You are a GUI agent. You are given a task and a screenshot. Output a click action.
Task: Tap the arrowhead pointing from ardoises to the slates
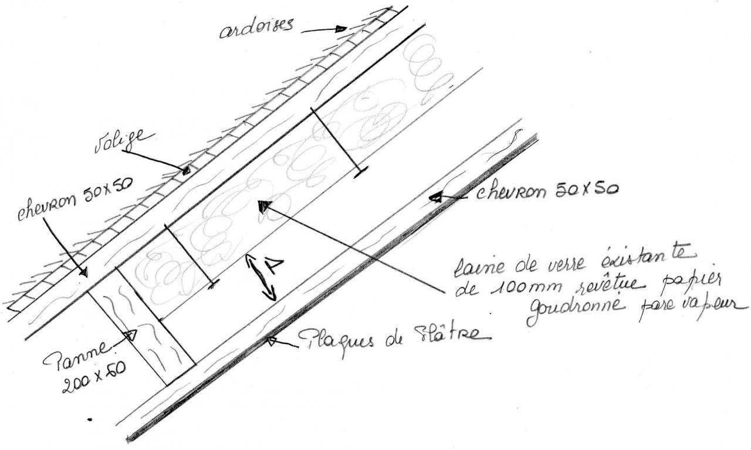pos(341,28)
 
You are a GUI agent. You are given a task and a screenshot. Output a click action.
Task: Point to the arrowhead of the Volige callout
pos(185,171)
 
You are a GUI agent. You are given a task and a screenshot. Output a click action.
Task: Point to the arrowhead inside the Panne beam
pos(131,335)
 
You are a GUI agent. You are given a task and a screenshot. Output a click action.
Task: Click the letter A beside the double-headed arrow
pos(273,267)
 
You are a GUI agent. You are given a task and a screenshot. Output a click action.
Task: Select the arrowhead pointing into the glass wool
pos(263,206)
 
